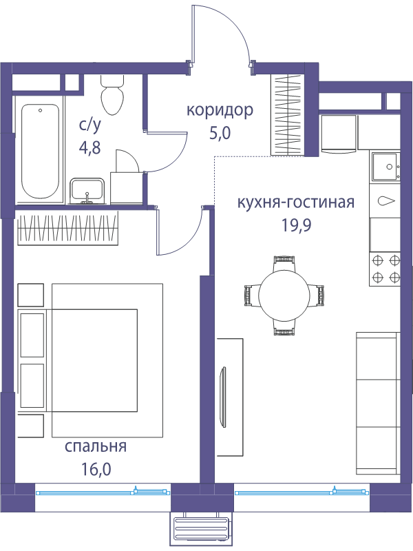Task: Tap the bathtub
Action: point(40,151)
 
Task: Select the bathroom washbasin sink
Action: point(87,191)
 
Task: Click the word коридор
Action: point(220,111)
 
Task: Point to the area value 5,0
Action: point(220,134)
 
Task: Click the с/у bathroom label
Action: point(90,125)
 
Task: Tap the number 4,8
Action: point(90,147)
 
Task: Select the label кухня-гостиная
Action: point(296,203)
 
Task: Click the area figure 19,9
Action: point(296,226)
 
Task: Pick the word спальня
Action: point(96,447)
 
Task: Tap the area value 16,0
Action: point(96,469)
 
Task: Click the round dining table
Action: point(284,295)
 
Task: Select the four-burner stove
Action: point(385,269)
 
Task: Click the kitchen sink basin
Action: point(385,167)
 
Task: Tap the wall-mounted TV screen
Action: point(222,397)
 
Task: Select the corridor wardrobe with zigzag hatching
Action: point(287,114)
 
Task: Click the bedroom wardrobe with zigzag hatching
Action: point(67,227)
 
